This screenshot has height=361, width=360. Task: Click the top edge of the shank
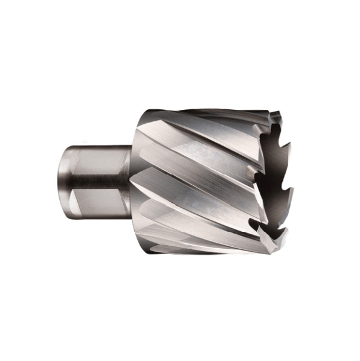pos(97,145)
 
